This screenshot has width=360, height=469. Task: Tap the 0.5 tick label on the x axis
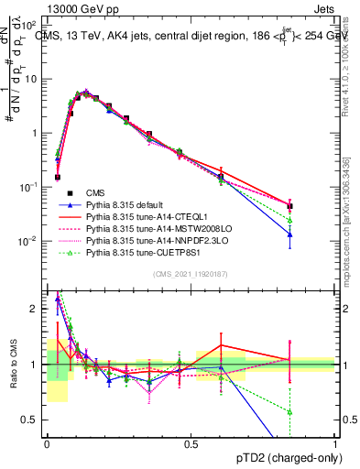click(x=191, y=444)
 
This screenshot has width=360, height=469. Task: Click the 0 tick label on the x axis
click(x=47, y=444)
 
